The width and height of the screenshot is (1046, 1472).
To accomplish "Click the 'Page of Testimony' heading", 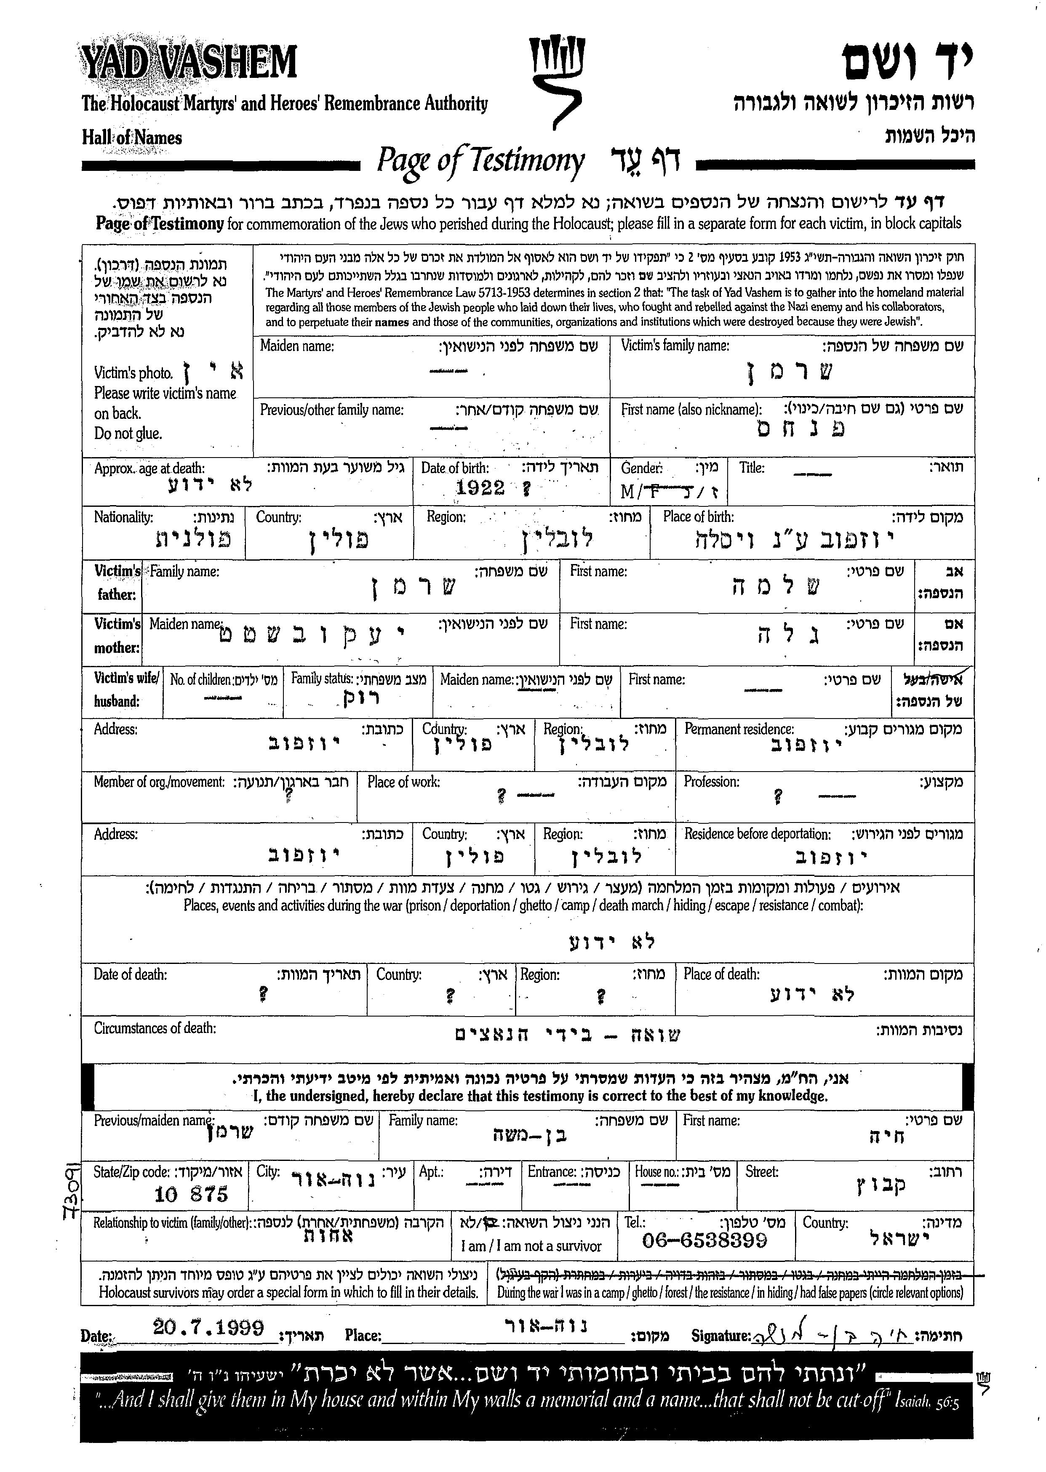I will click(x=480, y=161).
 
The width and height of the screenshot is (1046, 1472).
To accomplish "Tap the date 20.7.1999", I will click(x=209, y=1327).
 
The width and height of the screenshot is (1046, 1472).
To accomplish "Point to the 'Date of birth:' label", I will click(x=455, y=468).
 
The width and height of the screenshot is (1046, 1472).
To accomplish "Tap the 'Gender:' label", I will click(x=641, y=468).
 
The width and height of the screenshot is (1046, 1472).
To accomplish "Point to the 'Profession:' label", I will click(x=711, y=782).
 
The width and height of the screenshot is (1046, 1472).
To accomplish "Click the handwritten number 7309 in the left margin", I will click(x=69, y=1188).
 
